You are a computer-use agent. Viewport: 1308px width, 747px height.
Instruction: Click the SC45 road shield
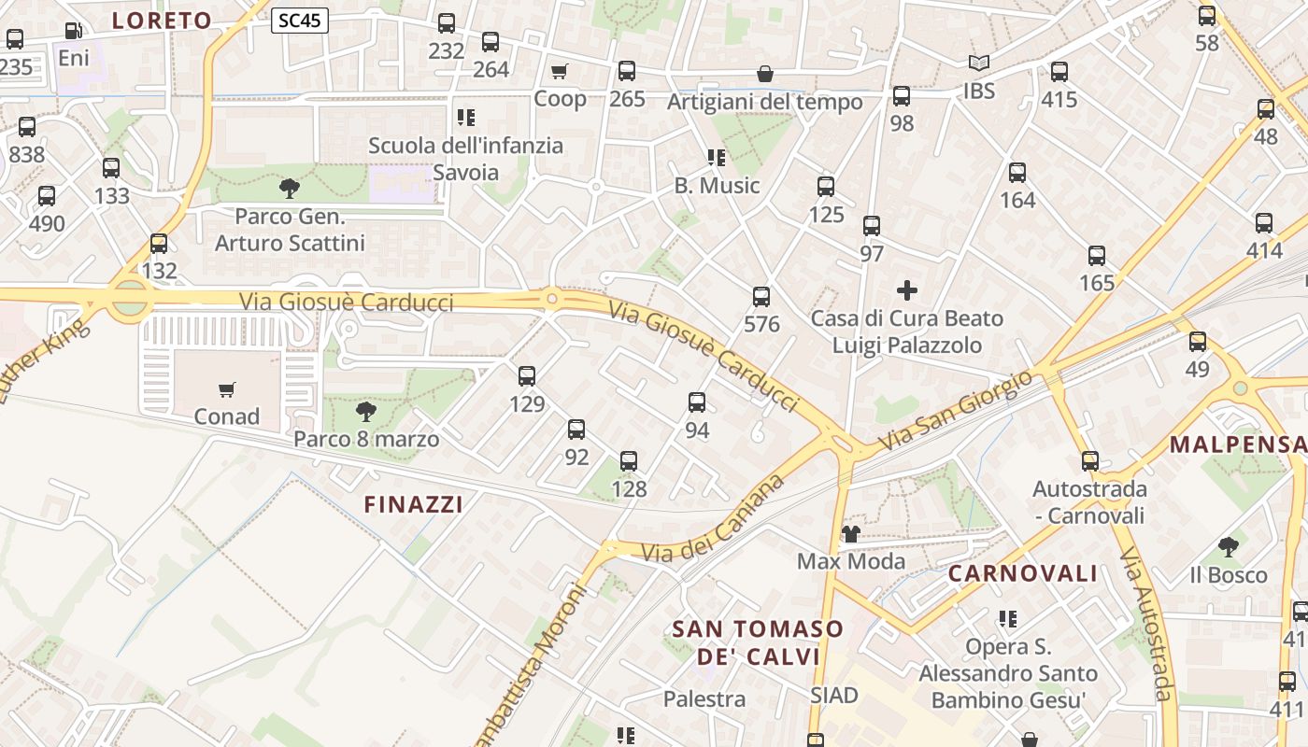(300, 21)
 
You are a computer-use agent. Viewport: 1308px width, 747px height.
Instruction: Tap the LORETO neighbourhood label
(163, 21)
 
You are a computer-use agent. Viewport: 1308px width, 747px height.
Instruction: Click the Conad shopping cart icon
(226, 389)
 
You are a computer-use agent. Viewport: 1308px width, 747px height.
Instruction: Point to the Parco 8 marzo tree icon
(365, 411)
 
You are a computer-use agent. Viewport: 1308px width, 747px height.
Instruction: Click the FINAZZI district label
(413, 505)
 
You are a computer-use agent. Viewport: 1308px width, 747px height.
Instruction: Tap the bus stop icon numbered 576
(761, 297)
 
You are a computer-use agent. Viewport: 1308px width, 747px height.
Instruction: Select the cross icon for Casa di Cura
(907, 290)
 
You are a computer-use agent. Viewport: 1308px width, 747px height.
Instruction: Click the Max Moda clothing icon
(850, 534)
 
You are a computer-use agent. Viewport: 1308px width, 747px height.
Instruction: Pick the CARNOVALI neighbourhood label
(1023, 573)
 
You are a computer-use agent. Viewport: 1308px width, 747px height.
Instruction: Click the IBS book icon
(978, 63)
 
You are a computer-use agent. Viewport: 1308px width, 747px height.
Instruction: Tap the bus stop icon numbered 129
(527, 376)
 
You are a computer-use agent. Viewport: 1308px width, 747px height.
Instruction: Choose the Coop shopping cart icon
(560, 71)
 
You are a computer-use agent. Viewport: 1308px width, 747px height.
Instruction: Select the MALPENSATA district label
(1238, 444)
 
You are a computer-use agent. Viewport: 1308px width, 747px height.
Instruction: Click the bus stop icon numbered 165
(1097, 256)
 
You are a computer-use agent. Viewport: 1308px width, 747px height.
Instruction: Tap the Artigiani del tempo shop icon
(765, 74)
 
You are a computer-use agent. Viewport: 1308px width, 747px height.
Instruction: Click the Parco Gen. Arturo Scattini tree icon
(290, 189)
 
